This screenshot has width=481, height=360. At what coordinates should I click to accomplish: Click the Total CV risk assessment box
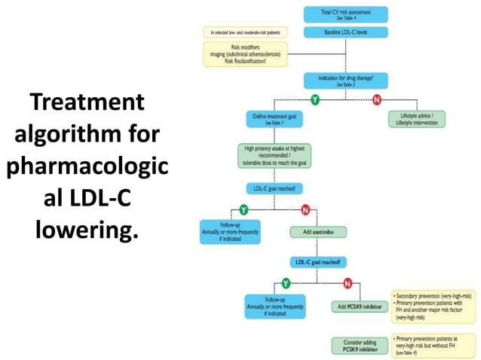[345, 14]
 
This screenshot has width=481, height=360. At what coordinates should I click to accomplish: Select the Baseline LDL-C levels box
[345, 32]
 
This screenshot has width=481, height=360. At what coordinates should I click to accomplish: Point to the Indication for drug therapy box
[345, 81]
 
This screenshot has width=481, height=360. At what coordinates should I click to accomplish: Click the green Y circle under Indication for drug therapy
[314, 99]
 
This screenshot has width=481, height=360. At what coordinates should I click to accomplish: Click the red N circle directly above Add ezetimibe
[305, 208]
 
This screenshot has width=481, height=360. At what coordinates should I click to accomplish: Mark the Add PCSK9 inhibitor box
[359, 307]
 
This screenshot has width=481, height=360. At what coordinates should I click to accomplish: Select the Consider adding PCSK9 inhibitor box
[359, 345]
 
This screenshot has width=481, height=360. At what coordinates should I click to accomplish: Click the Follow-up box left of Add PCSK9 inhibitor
[275, 307]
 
